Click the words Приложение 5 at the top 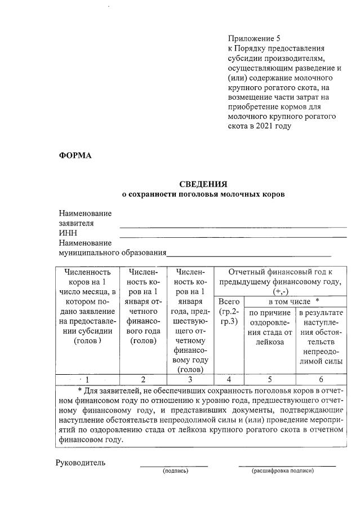pos(254,39)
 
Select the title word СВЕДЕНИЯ pos(203,184)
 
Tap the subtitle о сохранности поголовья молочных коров pos(204,194)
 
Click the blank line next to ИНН pos(233,236)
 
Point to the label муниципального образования pos(113,252)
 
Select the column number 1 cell pos(87,379)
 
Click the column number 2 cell pos(143,379)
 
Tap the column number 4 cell pos(228,379)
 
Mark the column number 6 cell pos(321,379)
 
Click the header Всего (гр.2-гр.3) pos(228,312)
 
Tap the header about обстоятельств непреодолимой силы pos(321,337)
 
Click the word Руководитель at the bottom pos(80,463)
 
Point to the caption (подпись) pos(175,470)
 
